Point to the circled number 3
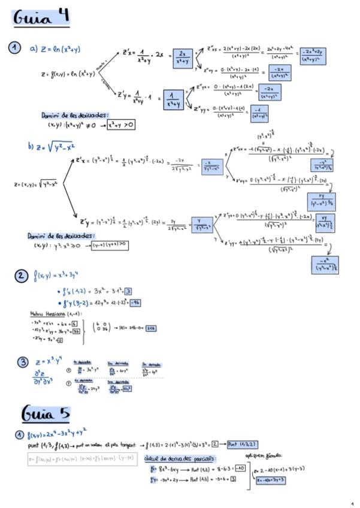(22, 362)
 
